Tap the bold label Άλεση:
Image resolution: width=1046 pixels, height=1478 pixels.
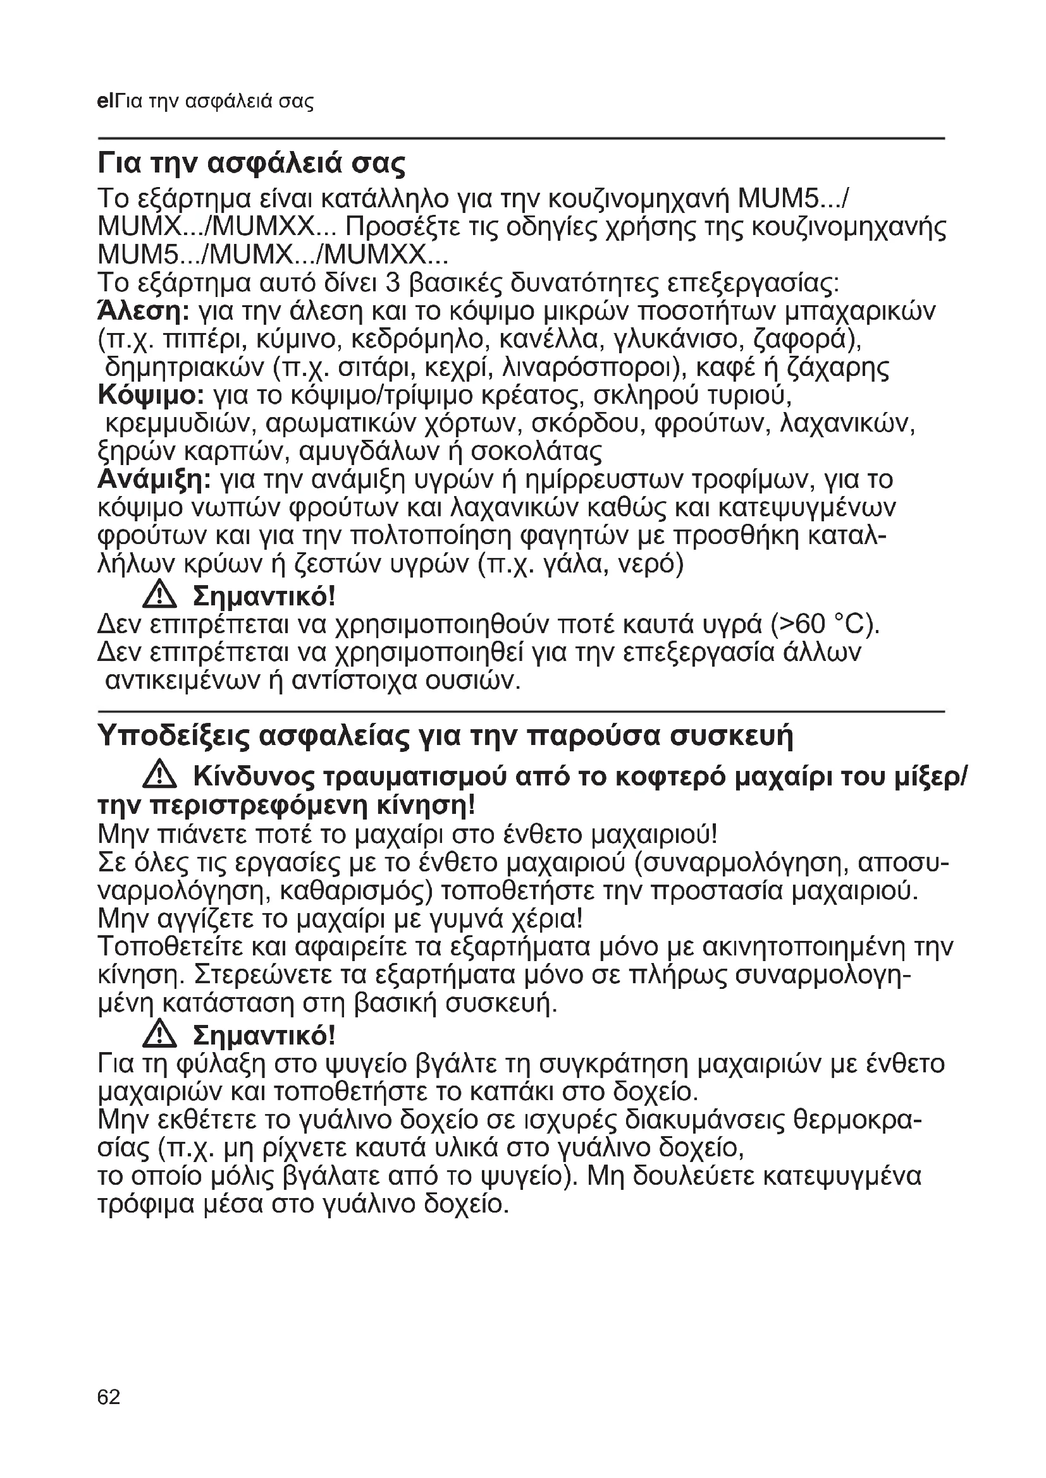pyautogui.click(x=143, y=312)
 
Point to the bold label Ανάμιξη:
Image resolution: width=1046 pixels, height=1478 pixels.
pyautogui.click(x=154, y=480)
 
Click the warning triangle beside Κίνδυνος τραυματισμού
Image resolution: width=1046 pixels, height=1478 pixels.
pyautogui.click(x=159, y=777)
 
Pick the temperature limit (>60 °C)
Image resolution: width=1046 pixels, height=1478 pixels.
pyautogui.click(x=824, y=624)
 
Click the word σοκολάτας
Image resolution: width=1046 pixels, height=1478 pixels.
pyautogui.click(x=536, y=452)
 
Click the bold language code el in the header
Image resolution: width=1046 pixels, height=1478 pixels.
pyautogui.click(x=104, y=101)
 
